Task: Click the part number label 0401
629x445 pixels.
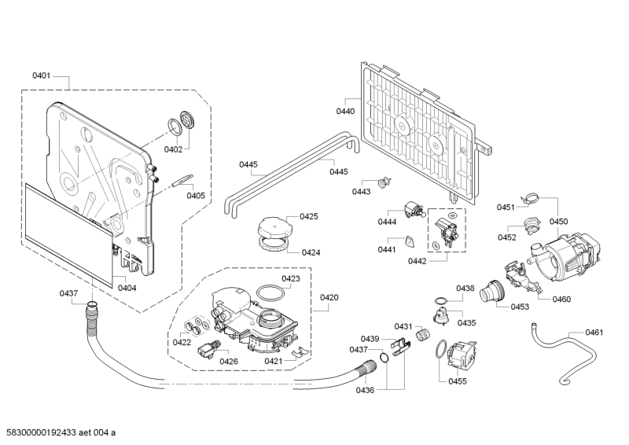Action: coord(42,75)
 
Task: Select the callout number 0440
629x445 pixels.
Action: coord(345,112)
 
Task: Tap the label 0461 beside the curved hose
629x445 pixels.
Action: coord(594,333)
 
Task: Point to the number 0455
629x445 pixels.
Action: coord(458,381)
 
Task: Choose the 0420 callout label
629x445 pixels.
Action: coord(329,297)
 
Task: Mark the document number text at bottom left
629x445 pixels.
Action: coord(61,432)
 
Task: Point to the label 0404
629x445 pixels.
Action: coord(127,288)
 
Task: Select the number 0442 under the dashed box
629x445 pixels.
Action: coord(417,260)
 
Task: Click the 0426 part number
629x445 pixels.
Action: coord(229,361)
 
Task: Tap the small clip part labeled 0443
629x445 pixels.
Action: coord(384,183)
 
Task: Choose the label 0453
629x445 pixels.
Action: coord(520,307)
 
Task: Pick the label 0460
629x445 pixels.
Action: coord(561,299)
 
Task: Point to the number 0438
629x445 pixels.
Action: coord(465,289)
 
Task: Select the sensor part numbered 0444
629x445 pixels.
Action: coord(410,208)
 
